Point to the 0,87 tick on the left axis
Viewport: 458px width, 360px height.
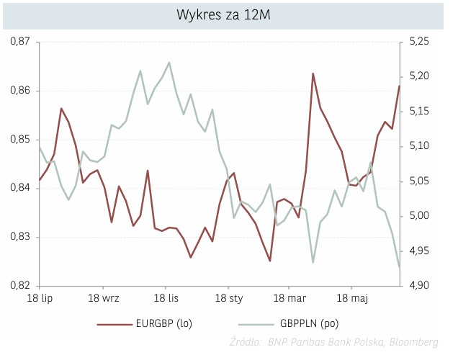pos(22,42)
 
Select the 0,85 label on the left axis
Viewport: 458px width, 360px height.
pos(22,140)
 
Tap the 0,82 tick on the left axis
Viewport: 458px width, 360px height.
pos(22,286)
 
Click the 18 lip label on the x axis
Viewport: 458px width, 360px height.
pos(40,297)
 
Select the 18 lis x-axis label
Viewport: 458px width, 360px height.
pos(166,297)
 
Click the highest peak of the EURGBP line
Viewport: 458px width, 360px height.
pos(313,73)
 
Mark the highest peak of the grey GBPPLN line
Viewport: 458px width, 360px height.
pos(169,63)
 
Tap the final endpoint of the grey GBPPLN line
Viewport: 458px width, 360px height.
pos(399,268)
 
